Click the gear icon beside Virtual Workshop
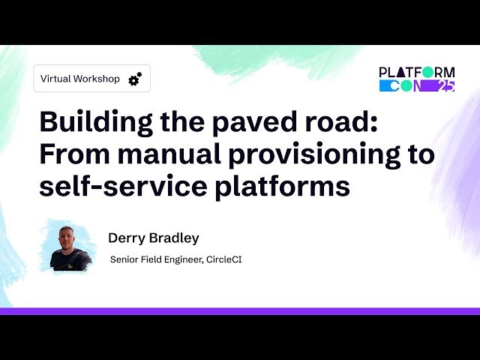(135, 79)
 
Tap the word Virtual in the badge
(56, 79)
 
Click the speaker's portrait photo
(70, 246)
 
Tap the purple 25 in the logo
(445, 85)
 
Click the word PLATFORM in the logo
(417, 72)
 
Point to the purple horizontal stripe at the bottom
(240, 310)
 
